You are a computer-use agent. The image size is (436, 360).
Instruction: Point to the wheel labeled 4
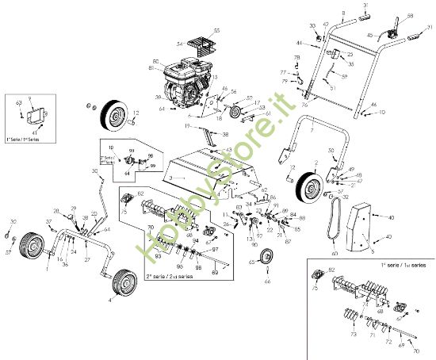124,282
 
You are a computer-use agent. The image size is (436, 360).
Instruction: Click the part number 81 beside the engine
155,67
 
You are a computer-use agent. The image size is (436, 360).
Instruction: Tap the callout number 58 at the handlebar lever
410,16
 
